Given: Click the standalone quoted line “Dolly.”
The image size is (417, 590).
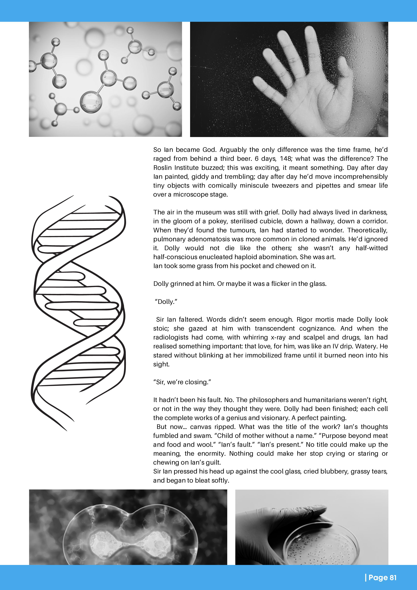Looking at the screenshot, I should point(166,302).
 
